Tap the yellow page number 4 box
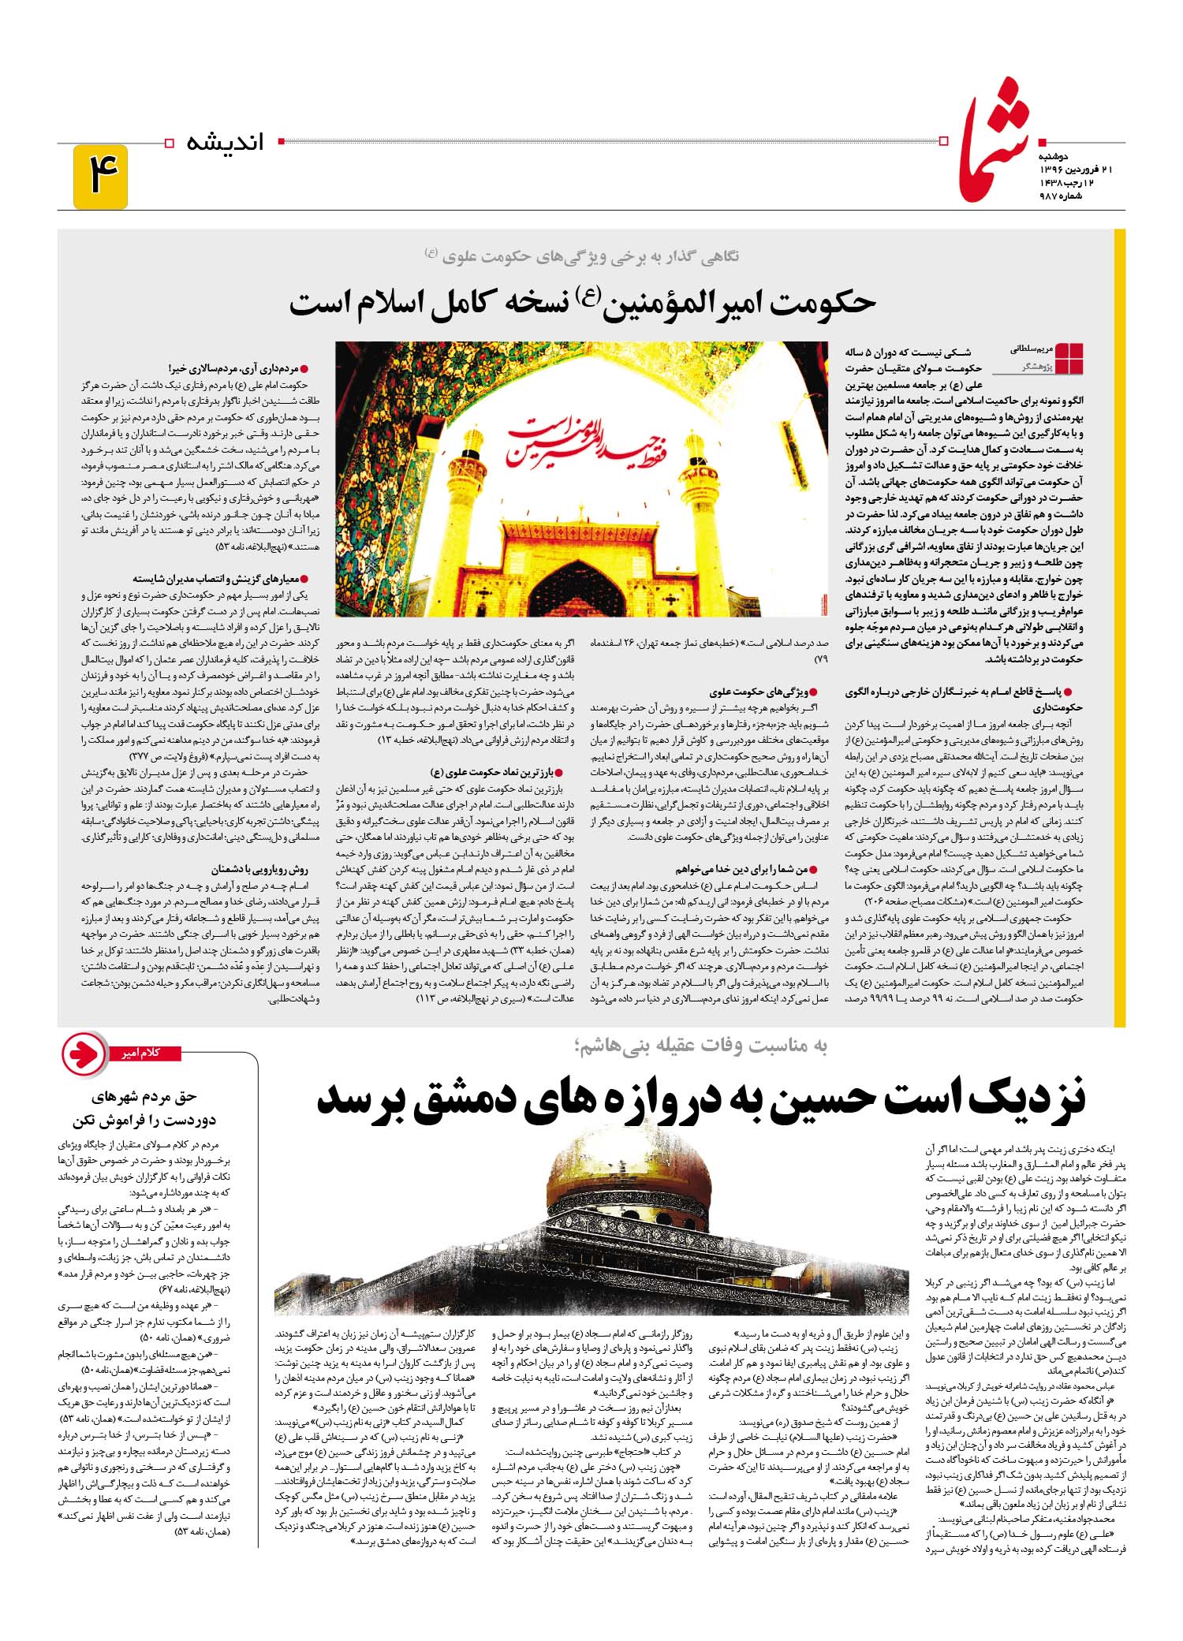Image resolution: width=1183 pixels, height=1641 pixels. coord(100,177)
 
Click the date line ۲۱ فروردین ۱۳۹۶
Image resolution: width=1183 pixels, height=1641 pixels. coord(1065,170)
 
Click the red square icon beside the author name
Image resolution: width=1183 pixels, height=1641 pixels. coord(1069,359)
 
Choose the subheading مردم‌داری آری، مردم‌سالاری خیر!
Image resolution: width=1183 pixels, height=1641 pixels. coord(237,368)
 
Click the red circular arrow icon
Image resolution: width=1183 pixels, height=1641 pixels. coord(85,1054)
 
